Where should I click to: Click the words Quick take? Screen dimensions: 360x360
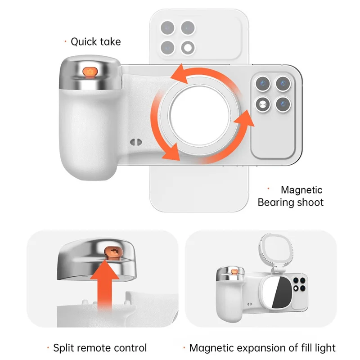coord(96,42)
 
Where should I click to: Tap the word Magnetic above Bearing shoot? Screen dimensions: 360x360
coord(301,190)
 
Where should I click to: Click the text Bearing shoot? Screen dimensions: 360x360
coord(290,202)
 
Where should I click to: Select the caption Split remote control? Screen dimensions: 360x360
coord(100,348)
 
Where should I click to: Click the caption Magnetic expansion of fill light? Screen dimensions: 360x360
coord(262,348)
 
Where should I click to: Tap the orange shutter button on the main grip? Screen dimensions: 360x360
coord(90,72)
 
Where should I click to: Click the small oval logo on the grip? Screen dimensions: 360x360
coord(133,141)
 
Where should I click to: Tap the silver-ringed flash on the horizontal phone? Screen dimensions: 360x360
coord(261,105)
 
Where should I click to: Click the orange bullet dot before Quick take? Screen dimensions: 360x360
coord(66,42)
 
